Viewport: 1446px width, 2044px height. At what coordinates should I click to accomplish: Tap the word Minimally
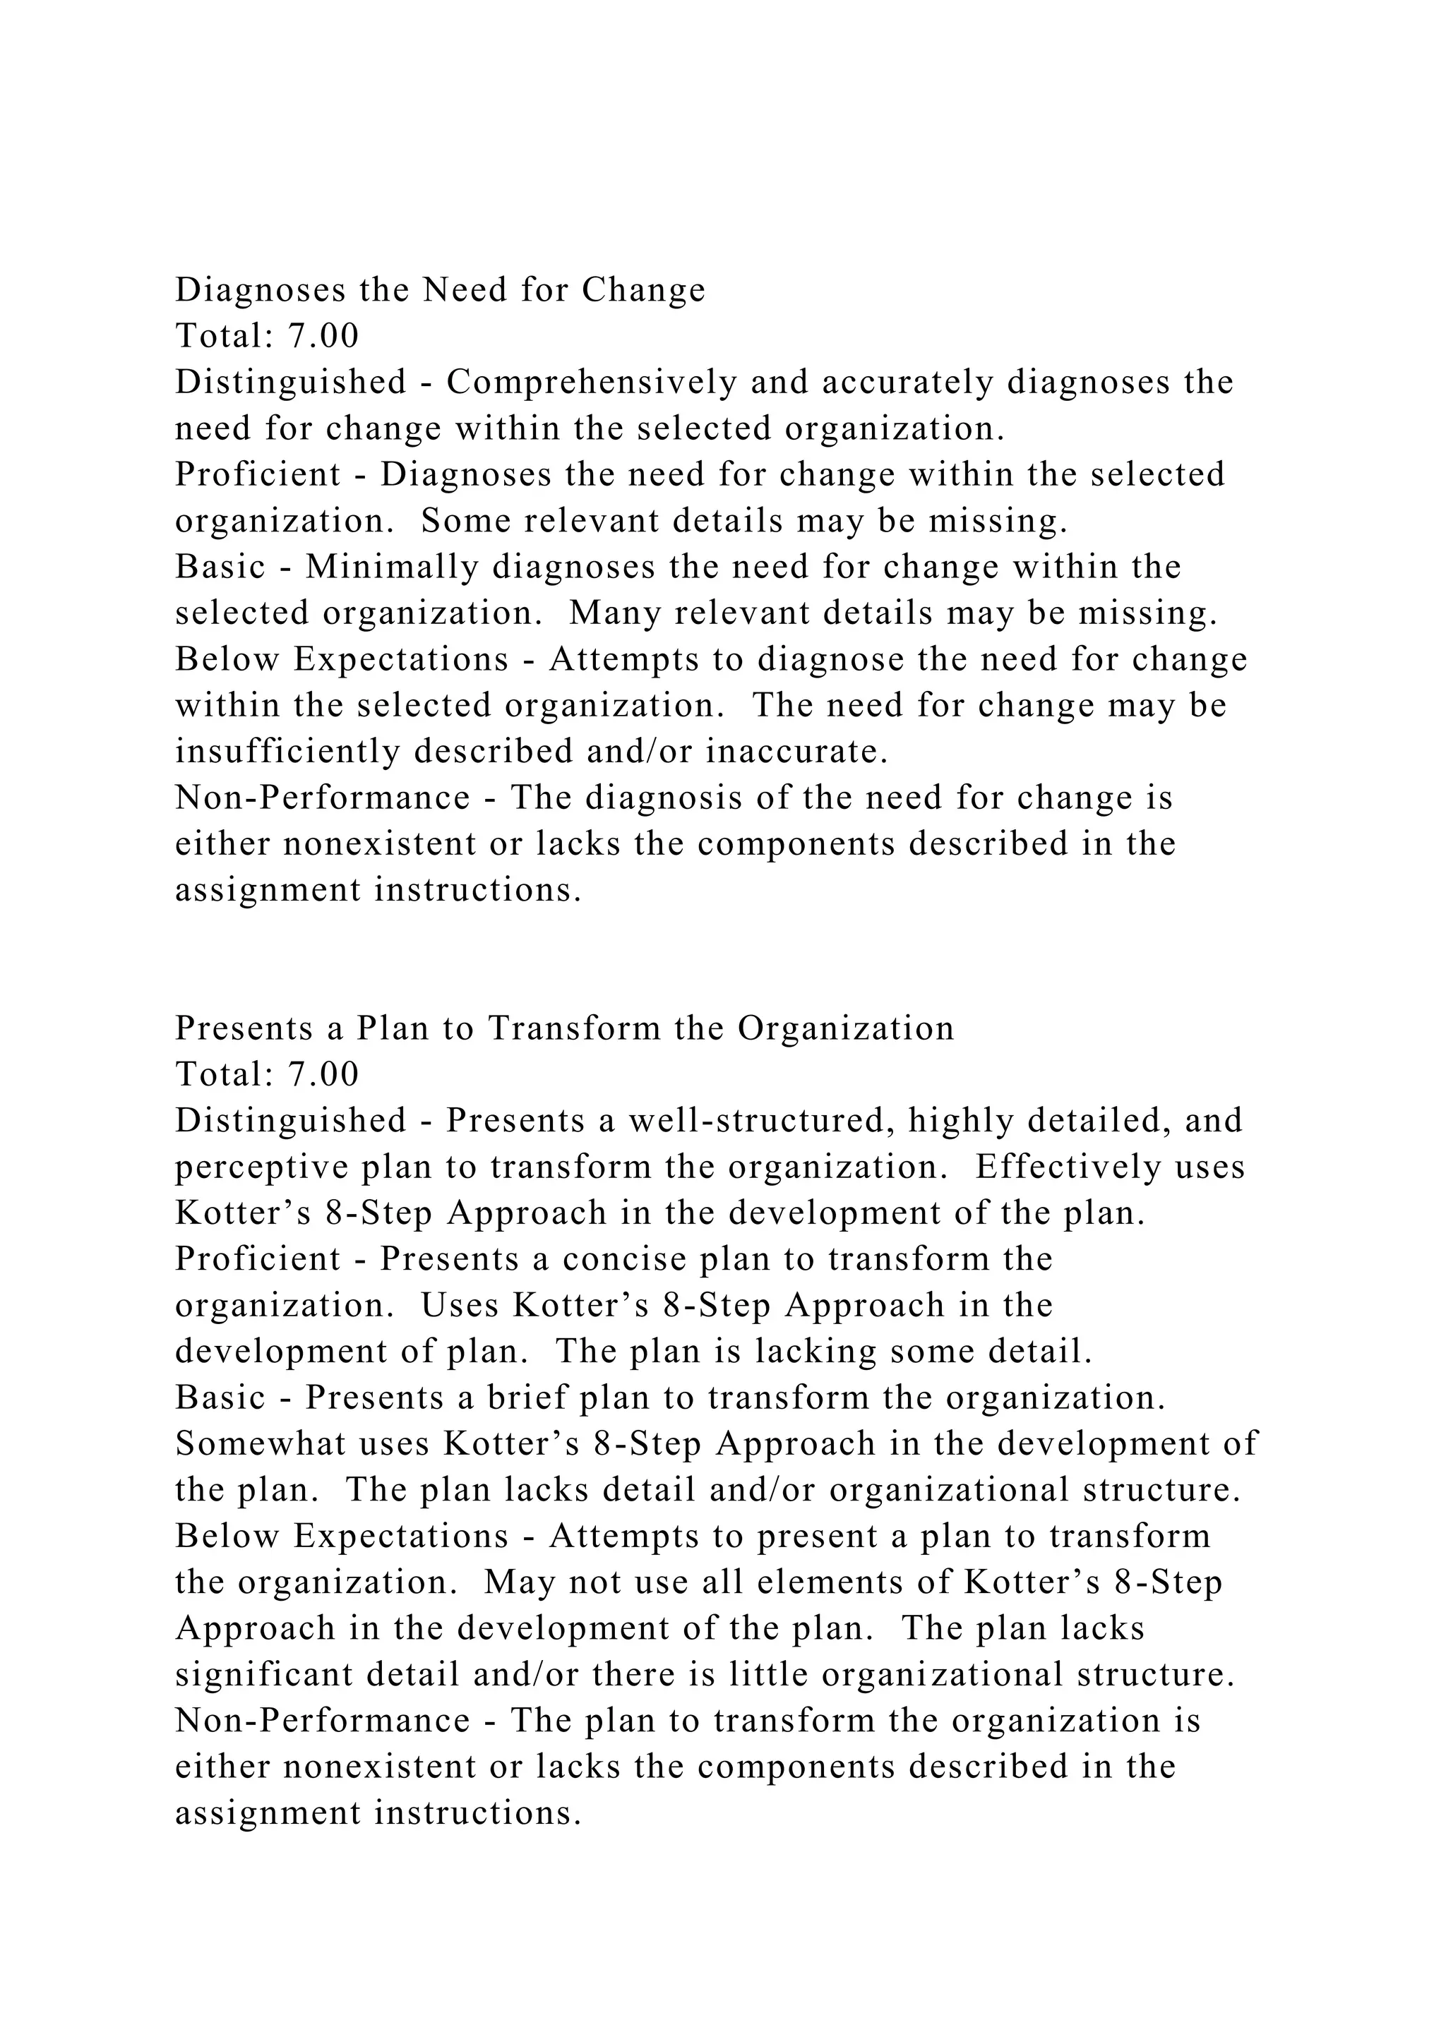point(392,567)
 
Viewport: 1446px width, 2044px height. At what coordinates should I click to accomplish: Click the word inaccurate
point(797,752)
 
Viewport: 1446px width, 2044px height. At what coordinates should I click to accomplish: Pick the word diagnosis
point(664,798)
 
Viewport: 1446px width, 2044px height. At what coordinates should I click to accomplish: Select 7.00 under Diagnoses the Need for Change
point(323,337)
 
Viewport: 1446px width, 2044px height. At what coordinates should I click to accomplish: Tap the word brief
point(527,1397)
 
